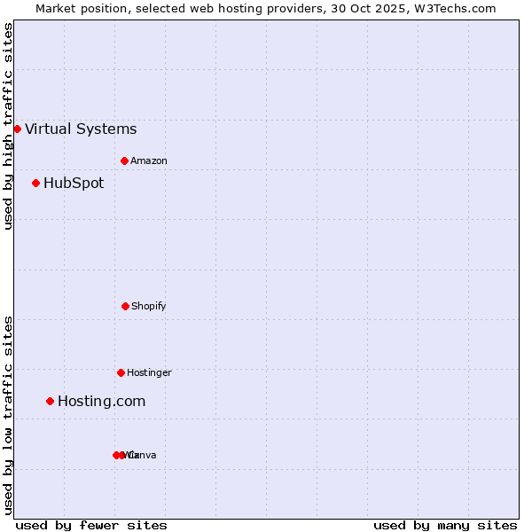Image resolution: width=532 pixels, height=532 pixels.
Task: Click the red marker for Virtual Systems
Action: click(17, 129)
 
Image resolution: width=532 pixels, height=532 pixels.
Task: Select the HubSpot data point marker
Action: click(35, 184)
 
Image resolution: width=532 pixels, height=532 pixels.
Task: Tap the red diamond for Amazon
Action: click(125, 160)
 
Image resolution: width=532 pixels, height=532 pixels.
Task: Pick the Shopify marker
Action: click(125, 306)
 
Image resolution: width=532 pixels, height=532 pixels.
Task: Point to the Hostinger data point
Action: click(121, 372)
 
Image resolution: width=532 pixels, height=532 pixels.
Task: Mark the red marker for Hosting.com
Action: click(50, 402)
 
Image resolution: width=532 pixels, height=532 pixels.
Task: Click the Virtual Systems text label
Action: click(81, 129)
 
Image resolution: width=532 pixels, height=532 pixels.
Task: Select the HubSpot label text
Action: click(74, 184)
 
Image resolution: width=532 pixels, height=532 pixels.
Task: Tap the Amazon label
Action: click(149, 161)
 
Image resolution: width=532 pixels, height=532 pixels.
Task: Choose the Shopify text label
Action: click(149, 307)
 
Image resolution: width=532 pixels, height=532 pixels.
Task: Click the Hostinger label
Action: click(149, 373)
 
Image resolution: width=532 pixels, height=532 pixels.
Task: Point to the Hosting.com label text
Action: click(101, 402)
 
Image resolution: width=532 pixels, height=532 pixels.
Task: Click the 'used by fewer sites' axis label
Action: click(91, 526)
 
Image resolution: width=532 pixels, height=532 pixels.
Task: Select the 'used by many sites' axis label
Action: click(445, 526)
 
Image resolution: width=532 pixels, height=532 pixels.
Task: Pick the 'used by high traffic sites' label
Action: click(8, 126)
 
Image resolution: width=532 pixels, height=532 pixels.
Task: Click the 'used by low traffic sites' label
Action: click(8, 415)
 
